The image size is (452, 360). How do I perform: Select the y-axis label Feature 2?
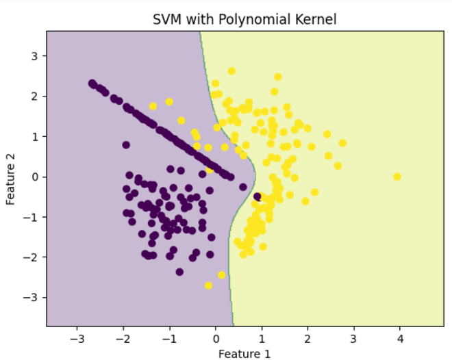point(11,177)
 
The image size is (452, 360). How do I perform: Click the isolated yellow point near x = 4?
point(397,177)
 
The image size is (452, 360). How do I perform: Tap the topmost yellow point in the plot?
point(231,71)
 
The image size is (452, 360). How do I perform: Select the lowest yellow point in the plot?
point(208,285)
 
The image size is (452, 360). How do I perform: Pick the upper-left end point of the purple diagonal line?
point(92,83)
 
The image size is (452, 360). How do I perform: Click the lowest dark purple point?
point(179,272)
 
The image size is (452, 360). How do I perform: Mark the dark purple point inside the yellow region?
point(258,196)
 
